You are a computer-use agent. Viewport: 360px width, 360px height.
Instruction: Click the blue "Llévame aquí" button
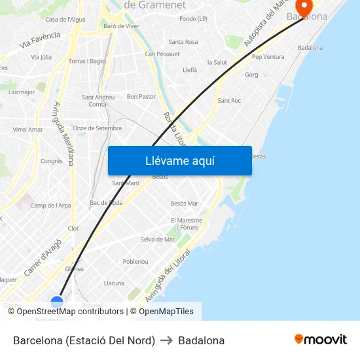[x=179, y=160]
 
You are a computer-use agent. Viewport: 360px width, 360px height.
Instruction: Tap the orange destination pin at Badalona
[x=304, y=9]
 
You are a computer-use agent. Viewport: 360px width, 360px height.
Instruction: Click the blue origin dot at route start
[x=57, y=302]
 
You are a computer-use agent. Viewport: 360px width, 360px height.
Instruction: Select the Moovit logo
[x=321, y=339]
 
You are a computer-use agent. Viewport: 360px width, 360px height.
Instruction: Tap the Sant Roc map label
[x=229, y=101]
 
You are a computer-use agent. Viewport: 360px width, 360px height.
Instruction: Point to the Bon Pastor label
[x=141, y=96]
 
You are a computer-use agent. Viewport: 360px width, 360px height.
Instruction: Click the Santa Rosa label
[x=183, y=42]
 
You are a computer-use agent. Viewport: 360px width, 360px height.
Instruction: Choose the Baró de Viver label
[x=121, y=26]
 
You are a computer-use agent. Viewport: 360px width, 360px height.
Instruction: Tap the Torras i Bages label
[x=87, y=61]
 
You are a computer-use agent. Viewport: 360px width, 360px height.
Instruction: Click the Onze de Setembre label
[x=97, y=128]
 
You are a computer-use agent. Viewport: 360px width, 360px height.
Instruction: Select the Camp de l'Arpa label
[x=50, y=206]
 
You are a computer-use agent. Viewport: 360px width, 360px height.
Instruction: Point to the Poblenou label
[x=135, y=261]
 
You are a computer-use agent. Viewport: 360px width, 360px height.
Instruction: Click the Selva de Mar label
[x=158, y=240]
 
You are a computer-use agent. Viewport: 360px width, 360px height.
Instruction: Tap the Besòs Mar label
[x=184, y=204]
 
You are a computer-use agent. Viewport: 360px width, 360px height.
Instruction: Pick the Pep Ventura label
[x=268, y=57]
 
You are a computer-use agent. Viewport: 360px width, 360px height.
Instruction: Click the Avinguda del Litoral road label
[x=168, y=276]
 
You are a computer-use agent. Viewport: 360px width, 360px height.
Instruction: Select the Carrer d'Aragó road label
[x=43, y=256]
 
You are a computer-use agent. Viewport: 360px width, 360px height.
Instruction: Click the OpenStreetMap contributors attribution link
[x=70, y=312]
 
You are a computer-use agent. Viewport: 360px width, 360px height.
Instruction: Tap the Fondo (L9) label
[x=193, y=19]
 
